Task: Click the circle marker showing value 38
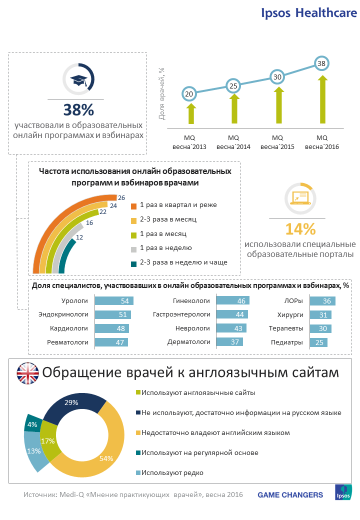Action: [x=321, y=63]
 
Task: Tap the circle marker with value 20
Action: [x=189, y=93]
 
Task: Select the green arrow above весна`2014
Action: [x=233, y=108]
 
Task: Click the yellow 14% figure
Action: [x=300, y=229]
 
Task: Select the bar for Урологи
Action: [x=114, y=301]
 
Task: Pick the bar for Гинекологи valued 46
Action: [x=232, y=301]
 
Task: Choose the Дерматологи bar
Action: [x=229, y=342]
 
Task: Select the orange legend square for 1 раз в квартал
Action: [x=133, y=206]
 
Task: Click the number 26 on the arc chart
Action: [x=121, y=197]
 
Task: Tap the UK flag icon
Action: [x=28, y=373]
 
